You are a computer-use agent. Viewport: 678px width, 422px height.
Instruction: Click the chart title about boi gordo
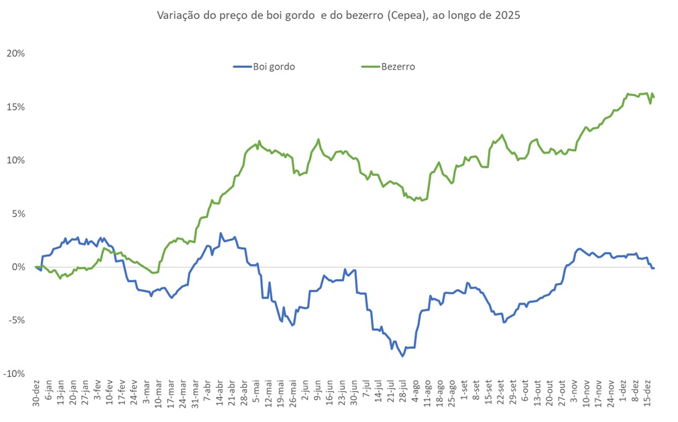tap(338, 15)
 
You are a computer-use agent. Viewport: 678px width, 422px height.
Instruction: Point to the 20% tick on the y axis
tap(15, 54)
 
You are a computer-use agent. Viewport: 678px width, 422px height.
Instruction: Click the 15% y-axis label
tap(15, 107)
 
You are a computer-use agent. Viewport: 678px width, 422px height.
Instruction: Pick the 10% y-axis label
tap(15, 160)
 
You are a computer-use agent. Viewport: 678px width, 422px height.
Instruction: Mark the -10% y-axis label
tap(14, 374)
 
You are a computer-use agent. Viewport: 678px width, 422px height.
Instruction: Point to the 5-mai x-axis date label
tap(256, 393)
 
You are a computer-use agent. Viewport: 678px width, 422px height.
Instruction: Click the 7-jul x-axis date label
tap(365, 393)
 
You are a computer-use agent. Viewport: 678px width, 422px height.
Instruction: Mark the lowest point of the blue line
tap(403, 356)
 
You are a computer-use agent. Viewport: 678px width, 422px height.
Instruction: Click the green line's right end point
tap(654, 97)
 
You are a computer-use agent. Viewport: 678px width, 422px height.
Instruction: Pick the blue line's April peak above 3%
tap(221, 233)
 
